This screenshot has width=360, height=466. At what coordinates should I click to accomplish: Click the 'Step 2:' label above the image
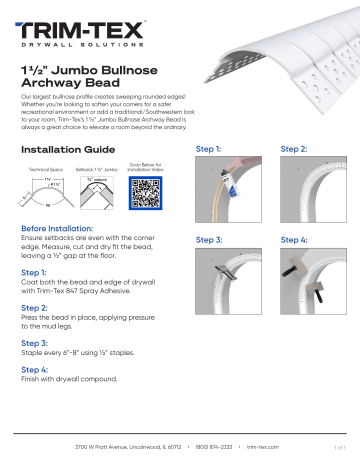(x=296, y=148)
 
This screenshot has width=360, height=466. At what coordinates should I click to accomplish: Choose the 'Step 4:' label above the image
(x=296, y=241)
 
